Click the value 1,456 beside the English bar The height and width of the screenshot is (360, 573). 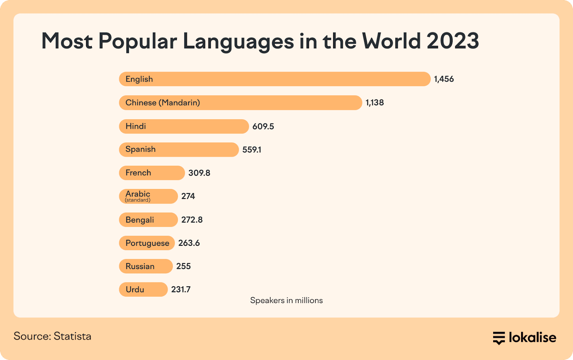[x=444, y=79]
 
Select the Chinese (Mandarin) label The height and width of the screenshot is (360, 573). [x=163, y=103]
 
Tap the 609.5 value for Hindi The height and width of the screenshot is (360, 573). [x=263, y=126]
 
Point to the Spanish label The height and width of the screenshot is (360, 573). [x=140, y=149]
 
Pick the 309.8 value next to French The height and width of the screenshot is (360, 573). [x=199, y=173]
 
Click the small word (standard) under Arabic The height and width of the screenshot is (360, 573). [x=138, y=200]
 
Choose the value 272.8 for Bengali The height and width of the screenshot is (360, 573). [x=192, y=220]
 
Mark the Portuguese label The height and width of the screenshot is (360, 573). [x=147, y=243]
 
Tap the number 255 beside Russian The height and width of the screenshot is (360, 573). [x=183, y=266]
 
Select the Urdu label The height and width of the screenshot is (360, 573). [x=135, y=290]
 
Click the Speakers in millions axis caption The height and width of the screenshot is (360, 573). [x=286, y=301]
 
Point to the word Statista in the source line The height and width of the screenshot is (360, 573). [x=72, y=336]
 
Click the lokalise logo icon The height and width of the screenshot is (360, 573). [x=499, y=338]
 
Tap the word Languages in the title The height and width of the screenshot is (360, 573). [x=238, y=42]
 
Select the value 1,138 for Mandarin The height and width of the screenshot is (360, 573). [x=375, y=103]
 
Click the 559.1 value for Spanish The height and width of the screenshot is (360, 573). [x=252, y=150]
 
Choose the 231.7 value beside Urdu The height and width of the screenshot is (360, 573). [x=181, y=290]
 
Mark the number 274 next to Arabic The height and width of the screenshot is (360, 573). [x=188, y=196]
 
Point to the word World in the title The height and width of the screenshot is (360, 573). [x=391, y=41]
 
